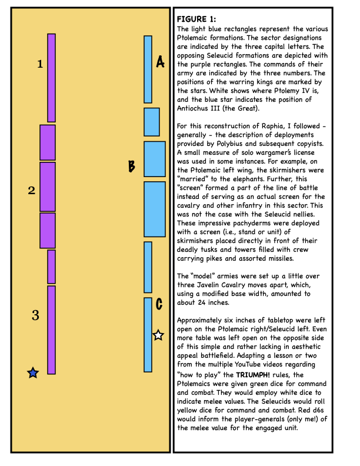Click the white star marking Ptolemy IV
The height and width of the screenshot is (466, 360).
pyautogui.click(x=158, y=335)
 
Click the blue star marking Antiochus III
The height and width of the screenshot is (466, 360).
pyautogui.click(x=33, y=372)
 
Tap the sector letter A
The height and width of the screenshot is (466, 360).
pyautogui.click(x=160, y=61)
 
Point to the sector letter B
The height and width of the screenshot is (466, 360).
pyautogui.click(x=132, y=167)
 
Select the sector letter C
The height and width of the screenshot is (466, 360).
pyautogui.click(x=159, y=304)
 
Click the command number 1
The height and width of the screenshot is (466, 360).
pyautogui.click(x=40, y=64)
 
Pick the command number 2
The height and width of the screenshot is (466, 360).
pyautogui.click(x=32, y=190)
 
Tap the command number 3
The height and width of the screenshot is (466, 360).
pyautogui.click(x=35, y=315)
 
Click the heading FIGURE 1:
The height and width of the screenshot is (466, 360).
pyautogui.click(x=196, y=19)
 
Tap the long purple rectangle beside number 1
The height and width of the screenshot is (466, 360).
pyautogui.click(x=51, y=78)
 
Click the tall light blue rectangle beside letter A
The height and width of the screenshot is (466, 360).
pyautogui.click(x=148, y=69)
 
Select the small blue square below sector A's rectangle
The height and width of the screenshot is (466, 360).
pyautogui.click(x=152, y=122)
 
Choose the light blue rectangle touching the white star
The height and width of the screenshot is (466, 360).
pyautogui.click(x=148, y=334)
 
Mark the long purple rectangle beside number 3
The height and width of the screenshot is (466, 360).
pyautogui.click(x=51, y=329)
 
